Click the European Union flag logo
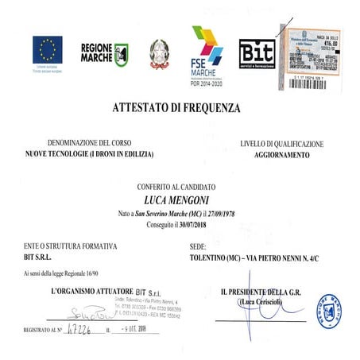[47, 52]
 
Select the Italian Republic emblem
[160, 53]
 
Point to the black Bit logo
[257, 53]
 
